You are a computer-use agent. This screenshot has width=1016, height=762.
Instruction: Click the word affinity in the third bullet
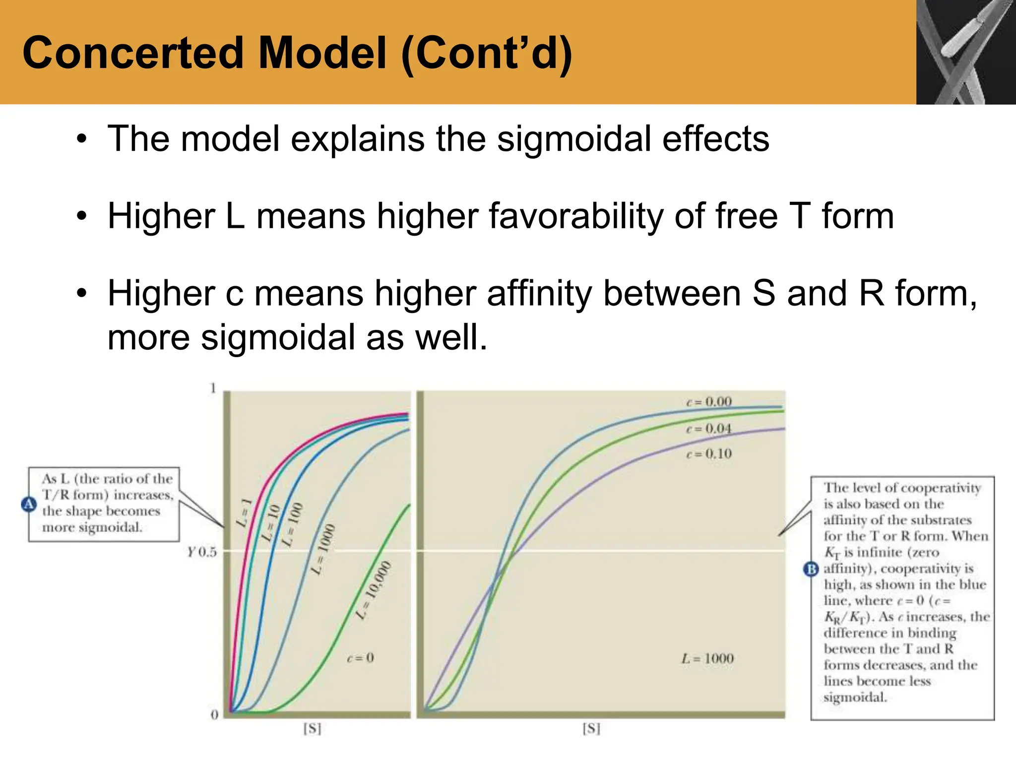click(539, 294)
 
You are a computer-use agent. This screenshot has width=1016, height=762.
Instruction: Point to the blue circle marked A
click(29, 504)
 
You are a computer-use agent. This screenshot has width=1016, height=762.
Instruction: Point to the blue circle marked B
click(811, 569)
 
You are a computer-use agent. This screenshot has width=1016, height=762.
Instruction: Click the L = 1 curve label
click(244, 513)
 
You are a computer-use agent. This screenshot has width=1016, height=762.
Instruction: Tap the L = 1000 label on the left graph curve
click(323, 550)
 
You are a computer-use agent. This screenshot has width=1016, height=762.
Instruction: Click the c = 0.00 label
click(709, 401)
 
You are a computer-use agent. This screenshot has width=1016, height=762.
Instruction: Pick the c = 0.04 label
click(709, 428)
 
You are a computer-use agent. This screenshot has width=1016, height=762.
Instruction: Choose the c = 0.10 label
click(709, 453)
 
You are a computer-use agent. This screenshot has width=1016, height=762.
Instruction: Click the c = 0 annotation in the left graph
click(360, 658)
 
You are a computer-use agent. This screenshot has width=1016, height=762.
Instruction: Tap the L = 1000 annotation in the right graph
click(707, 659)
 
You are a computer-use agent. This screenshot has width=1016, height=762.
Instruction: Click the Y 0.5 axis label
click(202, 552)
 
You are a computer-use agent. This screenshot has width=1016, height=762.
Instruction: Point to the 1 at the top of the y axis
click(213, 388)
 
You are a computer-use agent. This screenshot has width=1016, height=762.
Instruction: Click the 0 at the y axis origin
click(214, 715)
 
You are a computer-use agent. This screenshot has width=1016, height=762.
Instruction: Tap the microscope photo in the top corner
click(965, 52)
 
